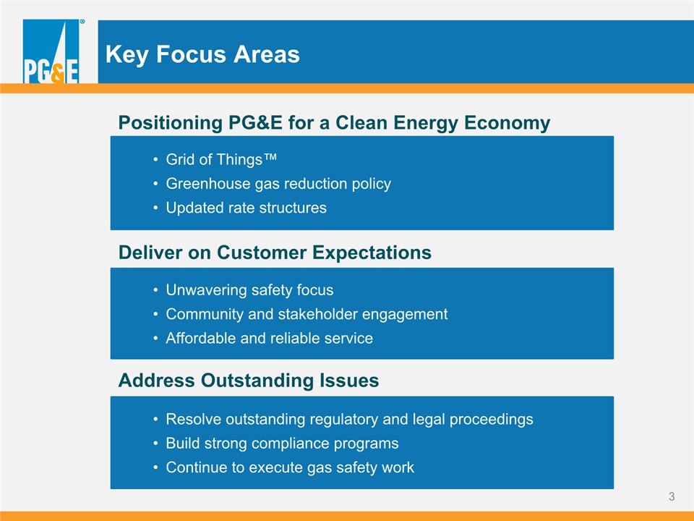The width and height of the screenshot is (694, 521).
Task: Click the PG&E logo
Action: tap(51, 51)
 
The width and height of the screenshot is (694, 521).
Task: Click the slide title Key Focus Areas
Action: tap(202, 54)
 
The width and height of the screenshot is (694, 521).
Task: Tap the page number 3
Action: tap(672, 496)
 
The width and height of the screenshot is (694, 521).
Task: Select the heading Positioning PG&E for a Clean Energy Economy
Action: tap(334, 123)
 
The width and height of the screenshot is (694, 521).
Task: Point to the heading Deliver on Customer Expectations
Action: tap(275, 253)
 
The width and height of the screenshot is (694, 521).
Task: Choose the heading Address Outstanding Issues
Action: tap(249, 380)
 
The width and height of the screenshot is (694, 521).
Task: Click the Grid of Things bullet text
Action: tap(221, 159)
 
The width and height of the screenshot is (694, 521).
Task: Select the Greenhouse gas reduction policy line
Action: tap(278, 183)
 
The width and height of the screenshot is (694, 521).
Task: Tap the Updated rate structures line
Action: tap(246, 208)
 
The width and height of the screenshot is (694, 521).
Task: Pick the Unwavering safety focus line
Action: tap(249, 289)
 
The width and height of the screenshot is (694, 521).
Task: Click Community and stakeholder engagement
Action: tap(307, 314)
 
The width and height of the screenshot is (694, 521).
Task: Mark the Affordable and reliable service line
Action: tap(269, 338)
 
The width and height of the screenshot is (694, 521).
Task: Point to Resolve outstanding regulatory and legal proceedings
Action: tap(350, 419)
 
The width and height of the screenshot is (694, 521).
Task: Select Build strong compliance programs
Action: tap(283, 443)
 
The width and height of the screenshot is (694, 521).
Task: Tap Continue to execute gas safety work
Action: tap(290, 467)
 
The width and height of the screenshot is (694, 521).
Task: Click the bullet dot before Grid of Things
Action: tap(155, 159)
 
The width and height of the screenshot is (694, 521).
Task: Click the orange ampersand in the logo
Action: tap(58, 74)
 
